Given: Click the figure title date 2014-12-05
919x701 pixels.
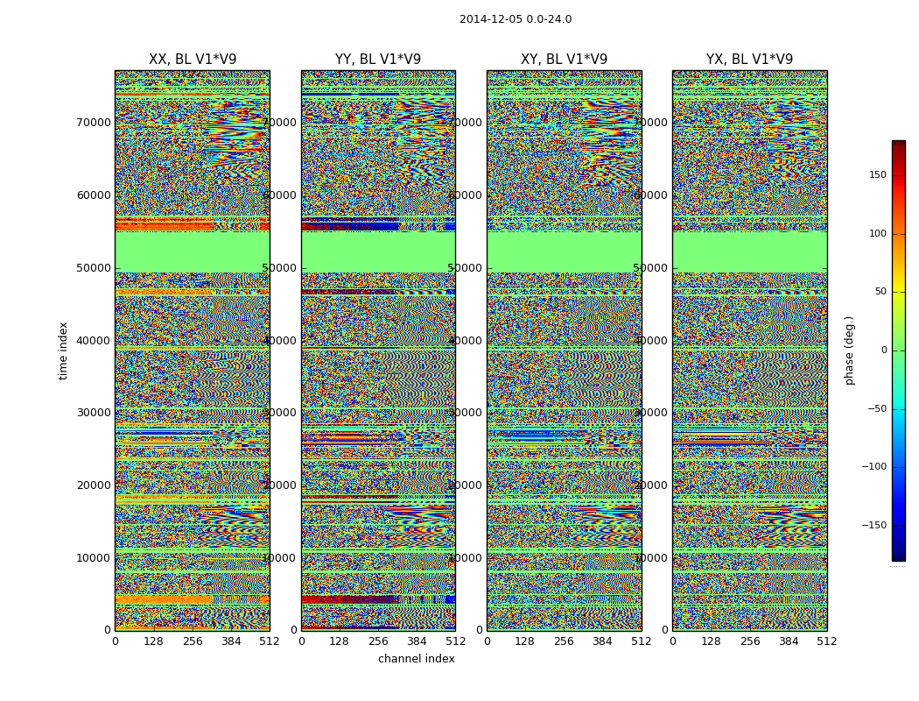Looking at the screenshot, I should point(491,19).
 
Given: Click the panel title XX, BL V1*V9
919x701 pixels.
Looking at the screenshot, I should point(193,60).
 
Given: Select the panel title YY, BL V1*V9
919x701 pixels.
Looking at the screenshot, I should point(378,60).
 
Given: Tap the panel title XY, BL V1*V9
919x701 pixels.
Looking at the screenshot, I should point(564,60).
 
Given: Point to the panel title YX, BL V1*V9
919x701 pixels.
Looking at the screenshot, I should point(749,60).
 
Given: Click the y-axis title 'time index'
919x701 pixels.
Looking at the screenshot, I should point(63,350).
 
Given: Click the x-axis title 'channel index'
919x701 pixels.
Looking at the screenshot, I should point(417,659).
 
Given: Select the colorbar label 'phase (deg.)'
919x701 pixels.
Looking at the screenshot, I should point(849,350).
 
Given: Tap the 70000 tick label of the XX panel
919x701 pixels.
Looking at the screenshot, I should point(94,123).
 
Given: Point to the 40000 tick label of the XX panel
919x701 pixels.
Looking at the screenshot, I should point(94,340).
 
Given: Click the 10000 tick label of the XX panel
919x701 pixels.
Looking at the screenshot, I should point(94,558).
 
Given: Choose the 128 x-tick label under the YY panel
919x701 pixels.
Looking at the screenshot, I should point(340,641).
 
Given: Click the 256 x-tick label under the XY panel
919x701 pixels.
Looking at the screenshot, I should point(564,641).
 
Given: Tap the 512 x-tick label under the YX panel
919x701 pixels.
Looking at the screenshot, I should point(826,641).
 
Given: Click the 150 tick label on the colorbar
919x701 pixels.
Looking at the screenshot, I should point(877,175).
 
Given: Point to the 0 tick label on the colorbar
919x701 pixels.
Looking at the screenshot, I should point(884,350).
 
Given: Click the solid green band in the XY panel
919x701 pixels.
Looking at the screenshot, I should point(564,251).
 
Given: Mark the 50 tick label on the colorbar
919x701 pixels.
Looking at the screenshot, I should point(880,292).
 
